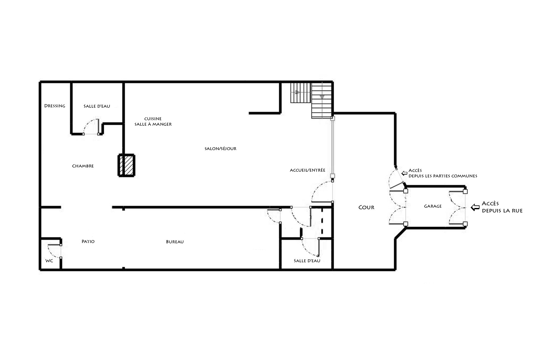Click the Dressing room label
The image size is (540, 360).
pos(55,106)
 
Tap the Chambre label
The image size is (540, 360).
pos(83,166)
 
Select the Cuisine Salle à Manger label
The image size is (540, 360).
pos(153,122)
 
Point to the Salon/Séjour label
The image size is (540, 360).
pos(221,148)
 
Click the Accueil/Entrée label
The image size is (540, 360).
pos(308,170)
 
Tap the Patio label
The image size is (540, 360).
pos(88,241)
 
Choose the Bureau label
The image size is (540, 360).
pos(175,242)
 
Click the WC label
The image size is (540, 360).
pos(49,261)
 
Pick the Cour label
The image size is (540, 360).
pos(366,207)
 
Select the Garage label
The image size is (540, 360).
pos(433,206)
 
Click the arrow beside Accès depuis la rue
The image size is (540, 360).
pos(475,207)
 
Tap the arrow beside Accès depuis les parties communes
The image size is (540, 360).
pos(404,173)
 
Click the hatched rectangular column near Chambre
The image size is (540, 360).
pos(127,166)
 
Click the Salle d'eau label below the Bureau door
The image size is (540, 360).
pos(307,261)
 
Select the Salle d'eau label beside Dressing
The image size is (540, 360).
pos(97,106)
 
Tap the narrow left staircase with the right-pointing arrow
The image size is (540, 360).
pos(300,93)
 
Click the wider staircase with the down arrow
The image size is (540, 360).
pos(322,100)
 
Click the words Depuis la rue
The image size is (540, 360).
pos(502,211)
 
